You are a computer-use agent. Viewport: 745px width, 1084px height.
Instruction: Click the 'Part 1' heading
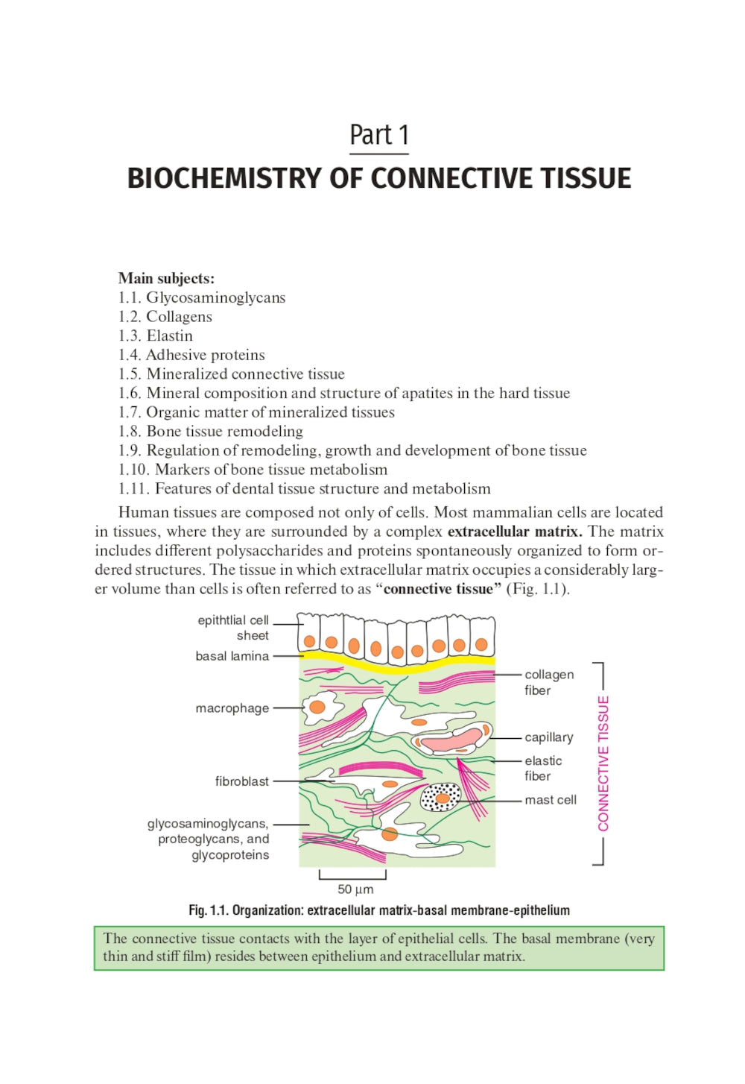click(378, 135)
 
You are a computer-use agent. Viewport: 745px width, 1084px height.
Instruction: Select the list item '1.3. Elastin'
click(156, 335)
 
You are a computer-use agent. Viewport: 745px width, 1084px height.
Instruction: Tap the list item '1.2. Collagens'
click(165, 316)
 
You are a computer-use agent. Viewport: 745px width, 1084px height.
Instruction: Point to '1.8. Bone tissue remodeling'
click(211, 431)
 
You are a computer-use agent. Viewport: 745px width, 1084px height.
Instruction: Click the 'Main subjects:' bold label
click(166, 278)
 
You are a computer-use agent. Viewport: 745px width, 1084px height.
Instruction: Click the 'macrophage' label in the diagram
click(232, 708)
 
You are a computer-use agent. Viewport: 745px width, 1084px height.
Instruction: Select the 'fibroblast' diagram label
click(241, 781)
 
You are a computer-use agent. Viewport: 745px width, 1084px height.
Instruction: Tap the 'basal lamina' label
click(232, 656)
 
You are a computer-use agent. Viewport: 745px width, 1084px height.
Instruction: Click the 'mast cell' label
click(550, 800)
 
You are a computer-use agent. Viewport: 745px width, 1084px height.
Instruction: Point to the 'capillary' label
click(548, 737)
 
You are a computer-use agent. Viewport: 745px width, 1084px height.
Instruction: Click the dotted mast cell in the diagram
click(441, 798)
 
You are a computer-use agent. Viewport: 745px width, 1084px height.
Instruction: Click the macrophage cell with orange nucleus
click(319, 707)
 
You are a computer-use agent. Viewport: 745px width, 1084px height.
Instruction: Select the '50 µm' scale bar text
click(355, 889)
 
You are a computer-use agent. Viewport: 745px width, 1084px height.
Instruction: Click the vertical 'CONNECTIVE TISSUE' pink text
click(603, 763)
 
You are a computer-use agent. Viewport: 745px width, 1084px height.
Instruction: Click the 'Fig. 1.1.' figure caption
click(378, 910)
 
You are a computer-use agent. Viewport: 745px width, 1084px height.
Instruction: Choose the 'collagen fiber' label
click(548, 682)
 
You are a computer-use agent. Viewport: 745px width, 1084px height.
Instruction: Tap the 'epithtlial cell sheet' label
click(233, 628)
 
